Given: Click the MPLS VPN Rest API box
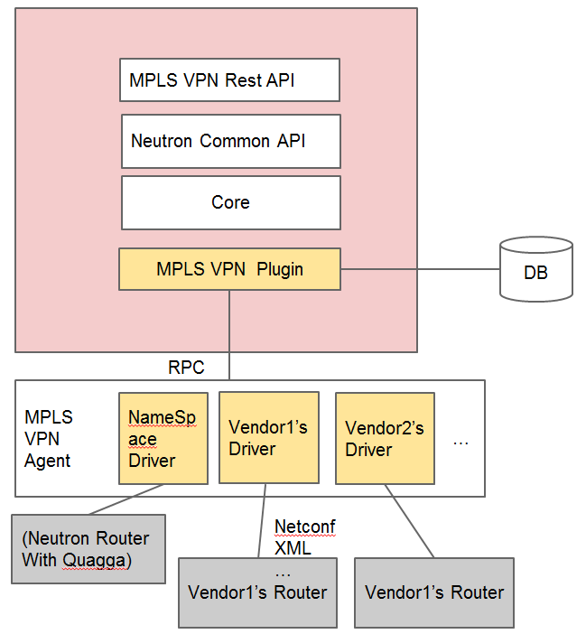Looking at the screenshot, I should (x=229, y=80).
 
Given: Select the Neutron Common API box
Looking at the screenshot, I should (x=231, y=141).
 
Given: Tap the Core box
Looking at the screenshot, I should (x=231, y=202).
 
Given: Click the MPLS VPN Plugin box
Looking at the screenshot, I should (x=229, y=269).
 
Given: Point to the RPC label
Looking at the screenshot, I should (x=186, y=368).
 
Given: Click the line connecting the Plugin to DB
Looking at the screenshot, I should (x=419, y=269).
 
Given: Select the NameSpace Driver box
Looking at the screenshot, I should (x=163, y=438).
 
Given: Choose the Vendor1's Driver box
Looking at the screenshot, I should (x=268, y=438).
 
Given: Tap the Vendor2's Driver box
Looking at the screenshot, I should (x=385, y=438).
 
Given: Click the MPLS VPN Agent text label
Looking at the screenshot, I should (x=49, y=439).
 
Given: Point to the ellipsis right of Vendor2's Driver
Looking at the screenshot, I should (x=460, y=442).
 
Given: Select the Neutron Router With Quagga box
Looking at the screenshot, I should (x=88, y=549).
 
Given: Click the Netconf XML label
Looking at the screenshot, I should (x=305, y=536).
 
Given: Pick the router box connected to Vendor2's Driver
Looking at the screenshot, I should (x=434, y=592).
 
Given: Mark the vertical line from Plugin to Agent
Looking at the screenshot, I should (x=229, y=334).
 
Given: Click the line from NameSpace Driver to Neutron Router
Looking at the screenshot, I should (x=126, y=499).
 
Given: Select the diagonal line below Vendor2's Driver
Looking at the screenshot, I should (x=410, y=521).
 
